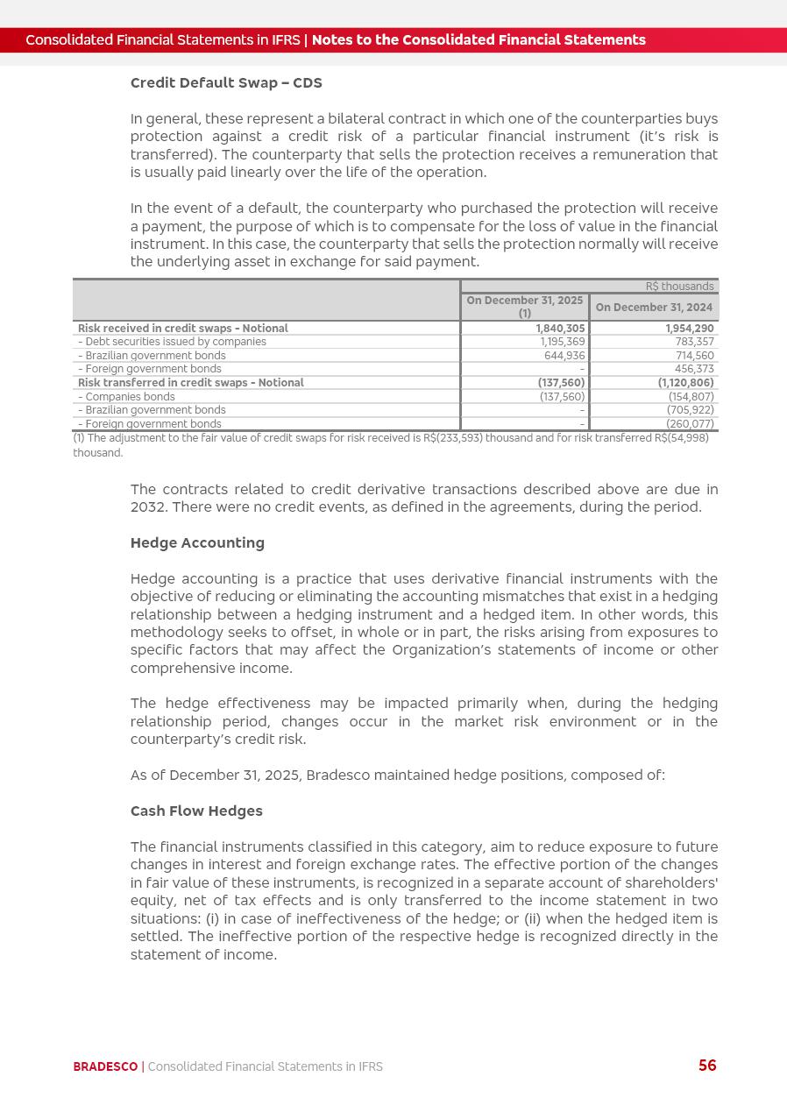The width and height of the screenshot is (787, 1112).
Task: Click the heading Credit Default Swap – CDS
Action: click(226, 83)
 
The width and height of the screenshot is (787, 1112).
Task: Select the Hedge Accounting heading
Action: click(197, 543)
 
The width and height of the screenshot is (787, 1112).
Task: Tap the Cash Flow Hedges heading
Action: click(196, 811)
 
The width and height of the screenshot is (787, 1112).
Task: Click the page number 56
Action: click(707, 1066)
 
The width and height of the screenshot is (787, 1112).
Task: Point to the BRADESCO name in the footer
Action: click(105, 1066)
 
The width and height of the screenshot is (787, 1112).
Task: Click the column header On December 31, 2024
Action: click(654, 308)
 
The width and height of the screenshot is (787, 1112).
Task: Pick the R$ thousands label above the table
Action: click(679, 287)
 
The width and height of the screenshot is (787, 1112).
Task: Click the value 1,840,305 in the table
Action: click(560, 329)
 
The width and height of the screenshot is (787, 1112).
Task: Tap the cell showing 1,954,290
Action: click(689, 329)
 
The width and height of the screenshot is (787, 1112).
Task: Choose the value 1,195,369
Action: click(562, 342)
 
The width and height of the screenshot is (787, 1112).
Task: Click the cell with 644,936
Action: click(564, 356)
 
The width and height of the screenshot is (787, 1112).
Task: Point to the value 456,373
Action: click(694, 369)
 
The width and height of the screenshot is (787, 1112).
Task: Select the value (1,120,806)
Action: click(685, 383)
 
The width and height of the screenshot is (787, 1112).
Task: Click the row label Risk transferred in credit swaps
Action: click(190, 383)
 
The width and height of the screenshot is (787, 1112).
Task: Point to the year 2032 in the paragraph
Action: click(148, 507)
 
